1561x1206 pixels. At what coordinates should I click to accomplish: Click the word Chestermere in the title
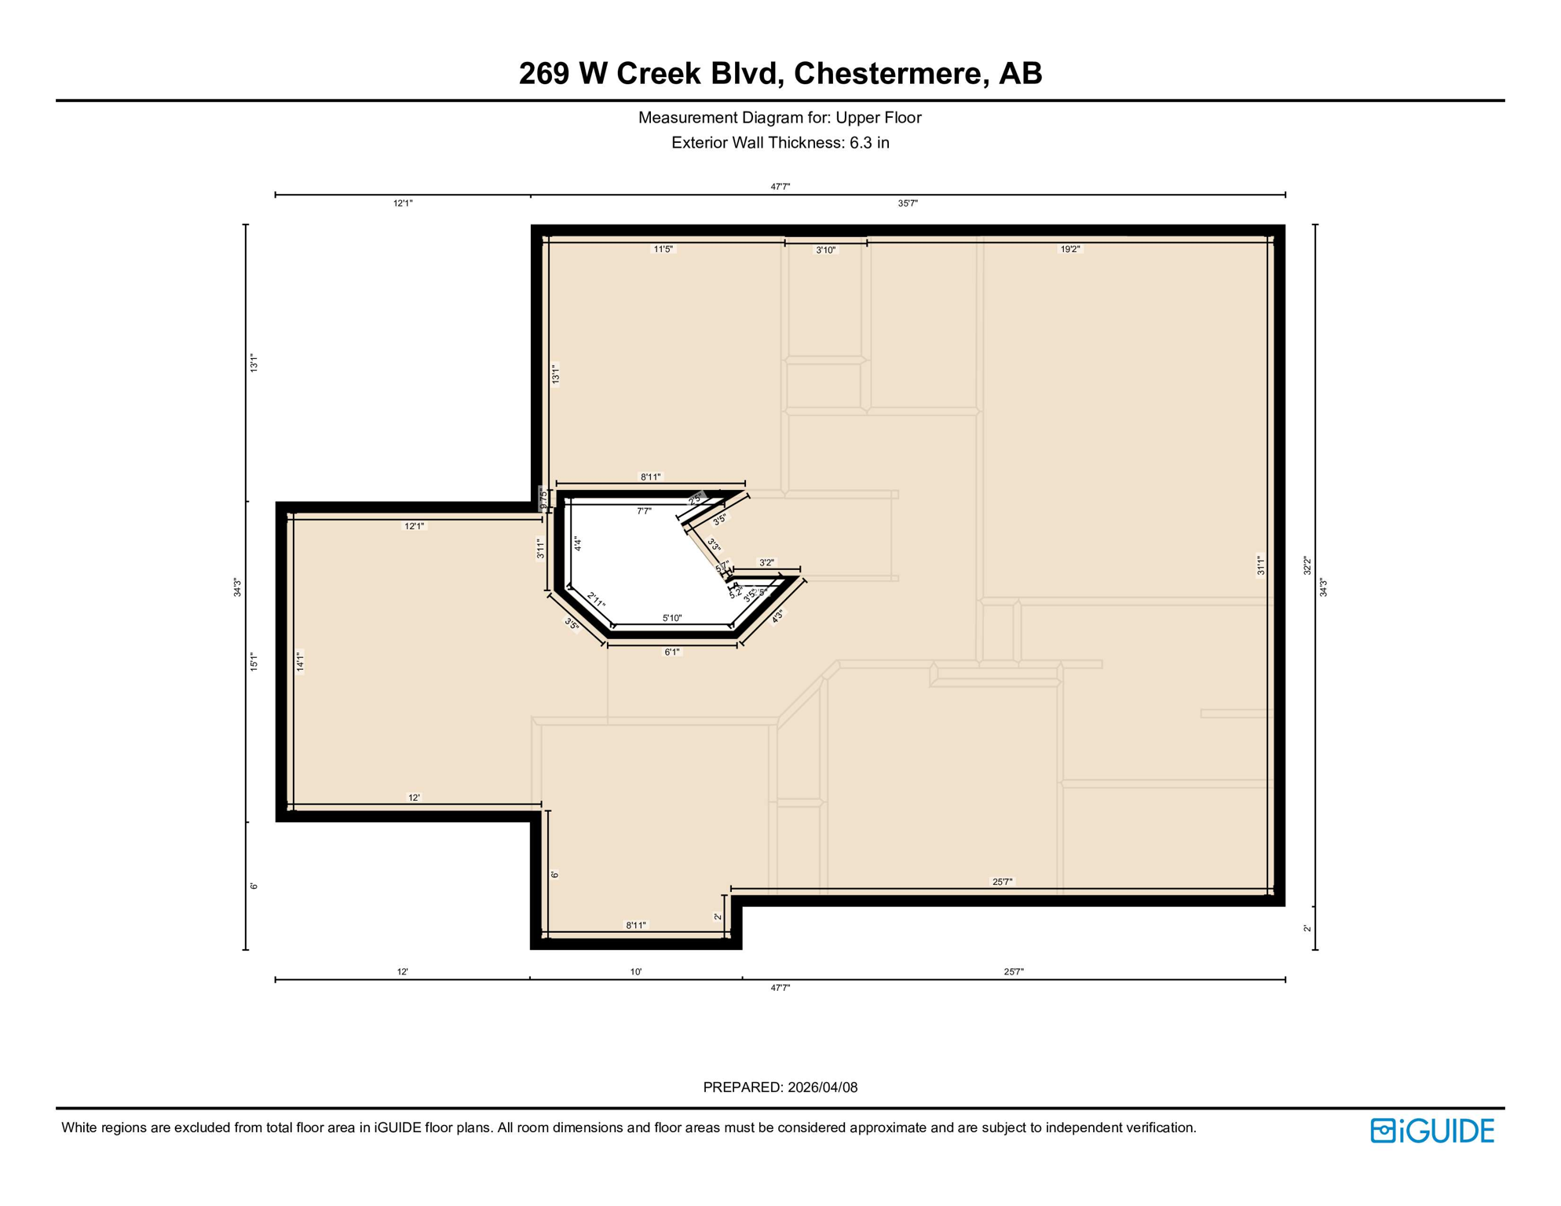887,73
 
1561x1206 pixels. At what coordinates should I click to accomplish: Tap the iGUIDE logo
1432,1131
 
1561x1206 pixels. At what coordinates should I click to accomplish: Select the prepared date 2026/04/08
822,1087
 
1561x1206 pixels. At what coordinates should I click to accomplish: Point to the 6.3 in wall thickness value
869,143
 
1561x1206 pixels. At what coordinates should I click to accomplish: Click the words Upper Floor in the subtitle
878,118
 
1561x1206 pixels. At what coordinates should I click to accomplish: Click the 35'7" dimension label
908,203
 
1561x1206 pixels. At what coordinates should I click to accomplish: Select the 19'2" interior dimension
1070,249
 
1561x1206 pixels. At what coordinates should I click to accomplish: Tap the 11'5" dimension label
664,249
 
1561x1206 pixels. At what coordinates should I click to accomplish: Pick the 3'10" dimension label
825,250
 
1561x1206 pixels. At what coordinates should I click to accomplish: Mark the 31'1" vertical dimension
1261,565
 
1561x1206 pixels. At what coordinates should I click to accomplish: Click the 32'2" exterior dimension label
1307,566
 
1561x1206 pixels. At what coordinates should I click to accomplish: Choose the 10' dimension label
636,972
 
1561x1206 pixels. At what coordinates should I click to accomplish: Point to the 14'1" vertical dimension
300,662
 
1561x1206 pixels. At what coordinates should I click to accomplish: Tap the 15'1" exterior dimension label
254,662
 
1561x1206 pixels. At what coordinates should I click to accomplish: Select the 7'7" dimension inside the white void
644,511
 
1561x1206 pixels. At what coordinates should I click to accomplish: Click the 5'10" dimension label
672,618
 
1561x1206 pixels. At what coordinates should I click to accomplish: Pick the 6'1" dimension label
672,652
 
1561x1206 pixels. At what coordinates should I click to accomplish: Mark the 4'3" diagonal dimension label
777,616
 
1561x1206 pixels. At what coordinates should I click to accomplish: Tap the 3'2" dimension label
766,562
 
